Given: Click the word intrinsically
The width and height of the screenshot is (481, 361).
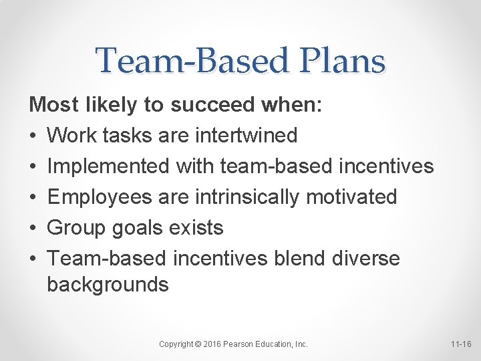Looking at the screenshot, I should pos(237,197).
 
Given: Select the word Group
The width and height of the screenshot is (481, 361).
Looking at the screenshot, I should pos(74,227).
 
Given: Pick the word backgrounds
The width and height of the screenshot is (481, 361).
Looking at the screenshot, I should pos(108,285).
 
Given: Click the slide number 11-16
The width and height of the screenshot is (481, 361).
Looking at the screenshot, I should pos(460,344).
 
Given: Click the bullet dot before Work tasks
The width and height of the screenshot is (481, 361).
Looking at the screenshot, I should pos(33,136).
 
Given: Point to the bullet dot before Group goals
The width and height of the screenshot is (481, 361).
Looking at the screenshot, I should pos(33,228).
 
